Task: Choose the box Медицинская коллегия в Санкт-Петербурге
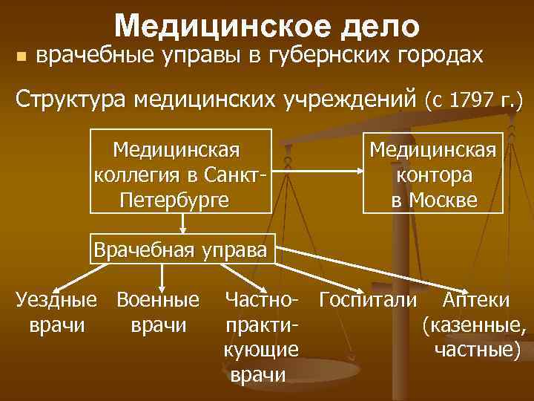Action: (x=179, y=170)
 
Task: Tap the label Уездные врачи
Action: (x=56, y=312)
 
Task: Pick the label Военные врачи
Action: (x=157, y=312)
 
